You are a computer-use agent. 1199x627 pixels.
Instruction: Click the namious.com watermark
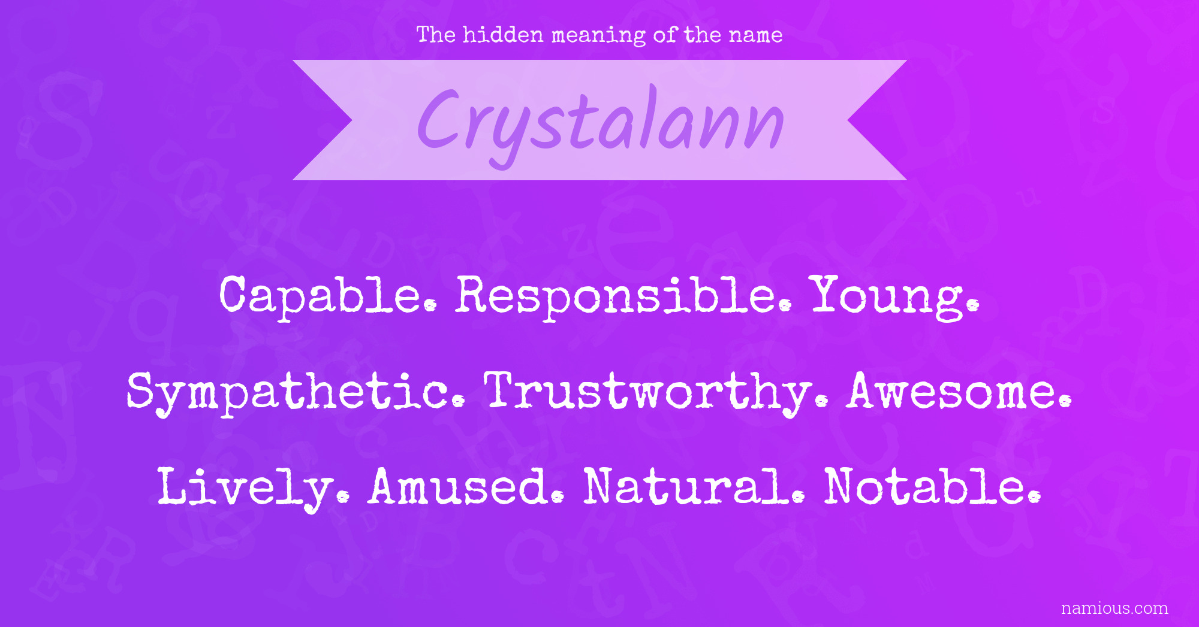pos(1114,608)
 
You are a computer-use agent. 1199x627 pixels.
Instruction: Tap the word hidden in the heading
pos(503,34)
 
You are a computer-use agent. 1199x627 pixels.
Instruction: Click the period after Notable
pos(1035,496)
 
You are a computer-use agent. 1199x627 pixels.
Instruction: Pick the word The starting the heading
pos(436,34)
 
